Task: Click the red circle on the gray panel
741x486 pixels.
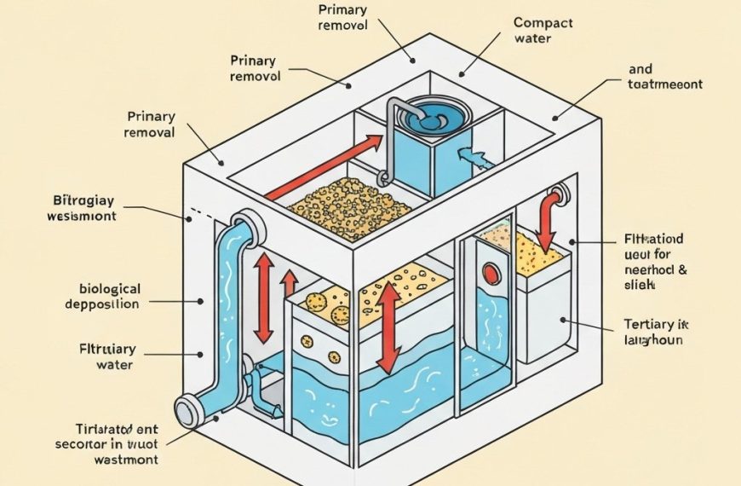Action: tap(491, 274)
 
